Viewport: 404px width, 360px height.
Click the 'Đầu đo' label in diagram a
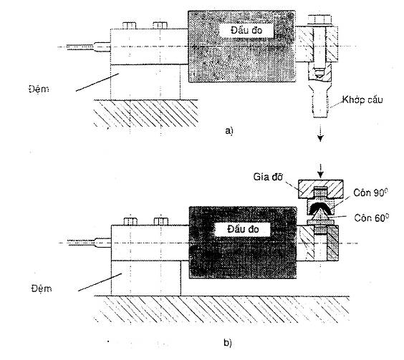pos(246,30)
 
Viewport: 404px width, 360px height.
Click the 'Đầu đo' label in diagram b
pos(243,229)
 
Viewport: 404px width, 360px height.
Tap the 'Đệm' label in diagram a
pos(39,89)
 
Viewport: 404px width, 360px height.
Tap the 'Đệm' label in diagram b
pos(42,288)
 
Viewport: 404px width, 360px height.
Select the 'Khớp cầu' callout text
pos(362,99)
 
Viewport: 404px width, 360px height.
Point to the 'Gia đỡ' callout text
pos(268,177)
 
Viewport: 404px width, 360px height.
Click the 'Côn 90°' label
pos(370,193)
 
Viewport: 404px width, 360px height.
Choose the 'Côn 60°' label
pos(371,218)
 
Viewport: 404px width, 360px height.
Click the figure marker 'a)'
pos(229,131)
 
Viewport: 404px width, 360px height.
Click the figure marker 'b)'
pos(228,343)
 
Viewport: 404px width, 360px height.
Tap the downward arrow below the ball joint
pos(320,133)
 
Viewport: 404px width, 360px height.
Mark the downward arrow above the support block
pos(320,171)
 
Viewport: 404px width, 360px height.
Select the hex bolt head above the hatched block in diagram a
pos(319,20)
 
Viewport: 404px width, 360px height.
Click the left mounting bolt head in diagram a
pos(129,26)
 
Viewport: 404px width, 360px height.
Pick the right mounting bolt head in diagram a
pos(160,26)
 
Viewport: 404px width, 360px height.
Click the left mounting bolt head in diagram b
pos(130,221)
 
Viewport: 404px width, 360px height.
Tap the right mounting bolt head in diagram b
pos(161,221)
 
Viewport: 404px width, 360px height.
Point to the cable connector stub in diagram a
pos(102,47)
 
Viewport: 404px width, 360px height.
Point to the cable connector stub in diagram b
pos(103,243)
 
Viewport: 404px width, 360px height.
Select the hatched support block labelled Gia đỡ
pos(320,189)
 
